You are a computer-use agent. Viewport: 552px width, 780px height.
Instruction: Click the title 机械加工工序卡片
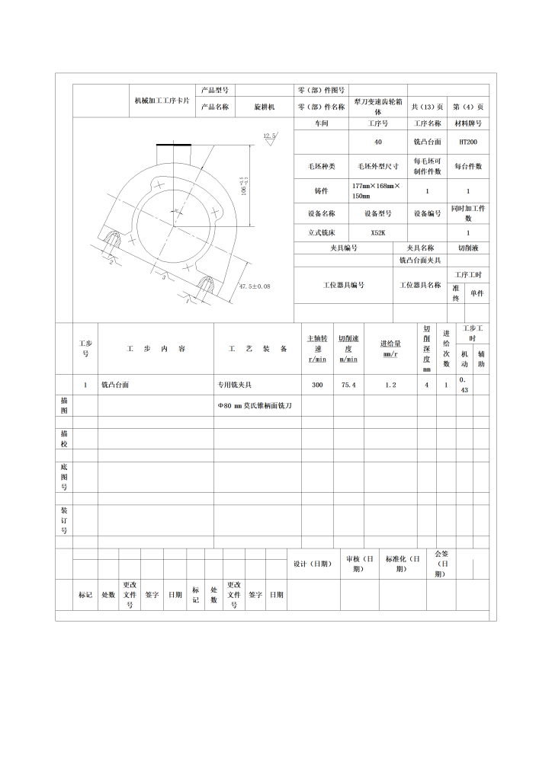click(x=162, y=101)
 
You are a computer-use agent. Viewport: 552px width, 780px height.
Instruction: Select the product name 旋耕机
click(x=265, y=107)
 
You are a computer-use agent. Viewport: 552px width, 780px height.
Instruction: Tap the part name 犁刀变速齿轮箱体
click(x=377, y=107)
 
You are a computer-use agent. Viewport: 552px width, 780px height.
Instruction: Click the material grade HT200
click(x=468, y=142)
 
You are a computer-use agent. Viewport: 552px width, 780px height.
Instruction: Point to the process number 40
click(x=377, y=142)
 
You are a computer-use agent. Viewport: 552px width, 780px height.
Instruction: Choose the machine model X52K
click(x=377, y=233)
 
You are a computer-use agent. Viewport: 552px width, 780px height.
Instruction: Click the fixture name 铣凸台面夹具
click(x=421, y=261)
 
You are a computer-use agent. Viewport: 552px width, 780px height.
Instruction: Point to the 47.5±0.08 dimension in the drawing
click(x=255, y=286)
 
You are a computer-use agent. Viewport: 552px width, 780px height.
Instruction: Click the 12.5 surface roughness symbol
click(x=269, y=136)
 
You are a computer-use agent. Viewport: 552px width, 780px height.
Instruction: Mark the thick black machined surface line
click(x=174, y=145)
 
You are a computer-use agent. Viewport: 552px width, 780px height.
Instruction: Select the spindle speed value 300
click(x=317, y=385)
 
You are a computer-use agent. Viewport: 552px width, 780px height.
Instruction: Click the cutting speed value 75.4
click(x=348, y=385)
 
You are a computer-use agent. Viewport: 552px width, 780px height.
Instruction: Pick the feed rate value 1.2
click(x=390, y=385)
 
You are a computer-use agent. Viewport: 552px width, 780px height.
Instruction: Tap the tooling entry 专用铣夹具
click(x=236, y=385)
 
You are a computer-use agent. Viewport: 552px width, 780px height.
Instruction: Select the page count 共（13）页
click(x=427, y=107)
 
